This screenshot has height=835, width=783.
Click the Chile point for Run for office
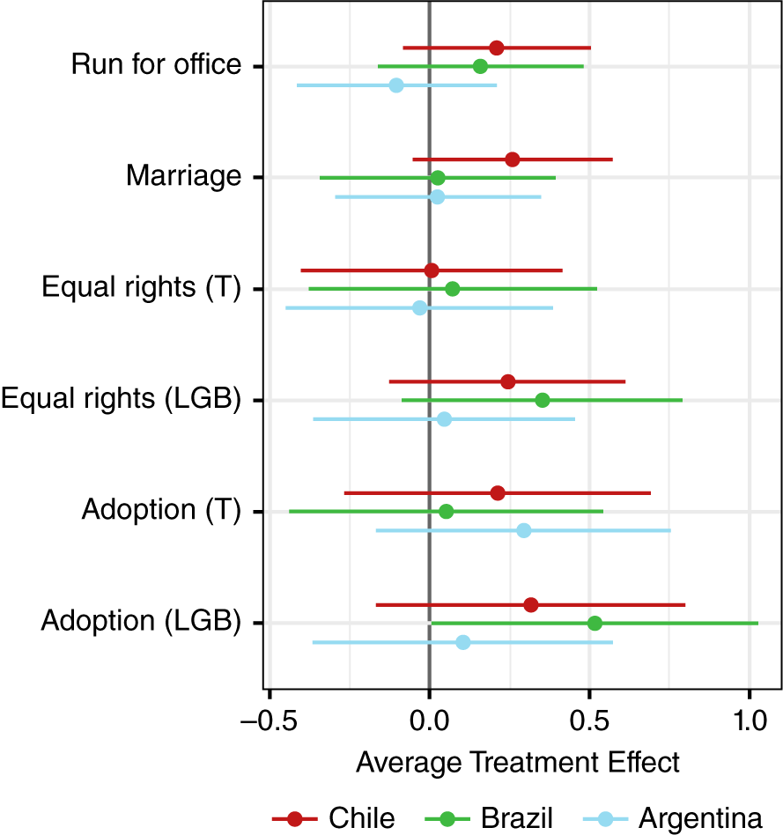(x=497, y=48)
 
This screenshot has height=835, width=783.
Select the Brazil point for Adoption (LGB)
(x=595, y=623)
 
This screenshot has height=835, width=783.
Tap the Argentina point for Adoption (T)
(x=524, y=530)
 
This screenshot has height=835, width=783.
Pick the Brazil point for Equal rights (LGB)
(x=543, y=400)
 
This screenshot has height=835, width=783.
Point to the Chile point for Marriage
(x=513, y=159)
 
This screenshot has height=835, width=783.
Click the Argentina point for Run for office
(x=396, y=85)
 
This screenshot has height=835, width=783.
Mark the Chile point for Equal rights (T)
(x=432, y=270)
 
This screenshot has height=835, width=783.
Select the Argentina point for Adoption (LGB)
(x=463, y=642)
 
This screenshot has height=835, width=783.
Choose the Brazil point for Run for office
(x=480, y=66)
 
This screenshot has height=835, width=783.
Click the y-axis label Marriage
(x=183, y=176)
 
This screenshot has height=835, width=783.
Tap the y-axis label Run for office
(x=156, y=65)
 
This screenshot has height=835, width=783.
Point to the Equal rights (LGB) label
(x=121, y=399)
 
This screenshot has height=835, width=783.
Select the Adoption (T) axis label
(x=161, y=510)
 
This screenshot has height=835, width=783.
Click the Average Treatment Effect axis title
(x=518, y=761)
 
